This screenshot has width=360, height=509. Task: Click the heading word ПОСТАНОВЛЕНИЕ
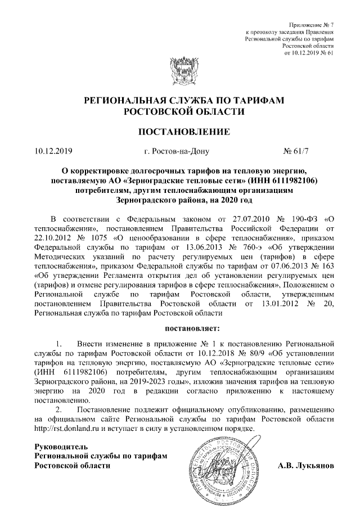pyautogui.click(x=180, y=133)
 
